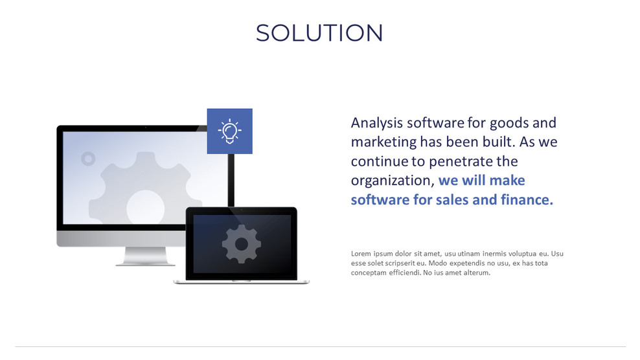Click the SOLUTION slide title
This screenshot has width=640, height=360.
point(319,33)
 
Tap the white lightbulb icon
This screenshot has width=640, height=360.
point(229,131)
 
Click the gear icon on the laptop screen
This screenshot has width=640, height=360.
point(241,244)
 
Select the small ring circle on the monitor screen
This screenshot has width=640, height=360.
point(88,159)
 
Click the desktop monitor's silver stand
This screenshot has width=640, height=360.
point(145,256)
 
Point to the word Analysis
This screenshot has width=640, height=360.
point(376,122)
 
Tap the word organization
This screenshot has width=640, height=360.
point(391,180)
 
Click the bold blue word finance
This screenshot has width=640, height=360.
point(527,199)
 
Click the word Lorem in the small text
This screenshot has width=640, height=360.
point(361,253)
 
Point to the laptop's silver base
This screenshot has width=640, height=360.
point(241,282)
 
